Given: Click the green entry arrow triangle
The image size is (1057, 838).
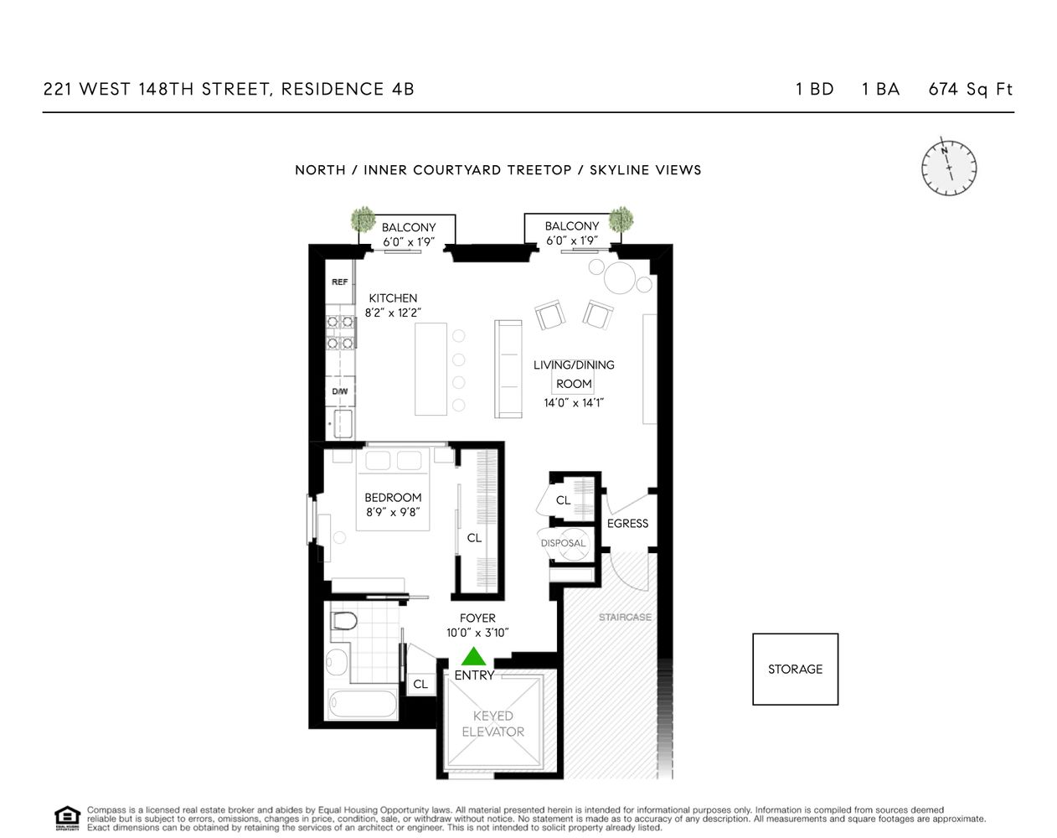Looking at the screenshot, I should tap(474, 656).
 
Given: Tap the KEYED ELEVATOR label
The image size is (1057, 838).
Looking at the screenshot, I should tap(492, 724).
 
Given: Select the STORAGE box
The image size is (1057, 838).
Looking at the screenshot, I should tap(795, 669).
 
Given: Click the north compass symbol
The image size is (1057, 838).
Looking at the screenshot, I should tap(949, 166).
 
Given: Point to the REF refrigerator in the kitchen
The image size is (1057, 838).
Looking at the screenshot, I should tap(339, 282).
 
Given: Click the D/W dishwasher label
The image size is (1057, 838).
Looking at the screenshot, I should tap(339, 391).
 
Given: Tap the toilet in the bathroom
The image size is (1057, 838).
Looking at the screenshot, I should tap(343, 621).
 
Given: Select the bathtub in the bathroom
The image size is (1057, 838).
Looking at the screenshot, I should tap(363, 705).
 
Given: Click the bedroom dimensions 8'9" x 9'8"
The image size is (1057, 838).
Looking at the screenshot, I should tap(393, 513).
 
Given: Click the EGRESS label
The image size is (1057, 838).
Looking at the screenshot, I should tap(627, 524).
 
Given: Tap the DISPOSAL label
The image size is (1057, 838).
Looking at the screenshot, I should tap(563, 543).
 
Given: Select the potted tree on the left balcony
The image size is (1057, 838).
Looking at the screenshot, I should tap(363, 220).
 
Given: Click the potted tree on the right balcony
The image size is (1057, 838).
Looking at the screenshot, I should tap(621, 219).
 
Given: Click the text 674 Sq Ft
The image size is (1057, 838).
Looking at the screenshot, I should tap(970, 90).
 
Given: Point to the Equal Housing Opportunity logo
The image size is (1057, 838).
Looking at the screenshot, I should tap(67, 818).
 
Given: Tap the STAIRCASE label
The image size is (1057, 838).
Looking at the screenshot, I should tap(625, 618).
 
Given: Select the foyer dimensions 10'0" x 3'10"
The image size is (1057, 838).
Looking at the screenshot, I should tap(477, 634).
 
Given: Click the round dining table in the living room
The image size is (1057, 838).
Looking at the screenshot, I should tap(622, 278).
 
